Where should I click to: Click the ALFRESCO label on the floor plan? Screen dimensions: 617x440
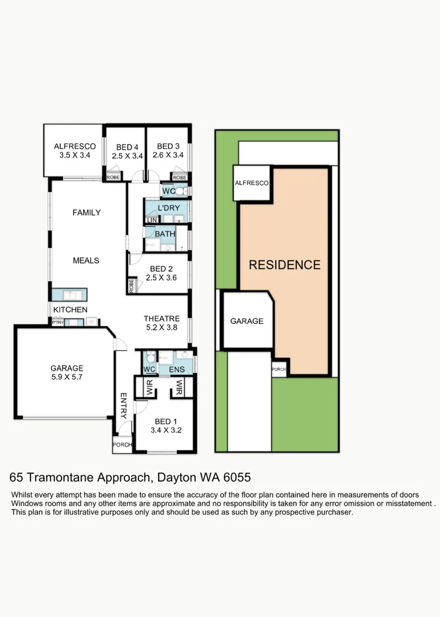(x=74, y=146)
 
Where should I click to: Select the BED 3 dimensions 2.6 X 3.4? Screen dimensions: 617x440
(x=168, y=155)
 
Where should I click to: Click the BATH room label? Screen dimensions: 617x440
(x=164, y=234)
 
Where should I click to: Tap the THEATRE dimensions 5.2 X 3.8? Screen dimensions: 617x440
(x=162, y=328)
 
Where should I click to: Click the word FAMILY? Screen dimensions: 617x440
(x=86, y=213)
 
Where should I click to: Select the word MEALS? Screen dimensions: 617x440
(x=86, y=261)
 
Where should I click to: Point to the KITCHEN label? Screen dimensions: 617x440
(x=70, y=310)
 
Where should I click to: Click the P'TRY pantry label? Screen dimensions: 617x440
(x=57, y=323)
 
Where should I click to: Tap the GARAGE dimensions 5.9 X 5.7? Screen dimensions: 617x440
(x=67, y=378)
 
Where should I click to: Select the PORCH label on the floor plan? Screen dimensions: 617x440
(x=122, y=444)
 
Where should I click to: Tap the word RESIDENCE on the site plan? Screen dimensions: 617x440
(x=284, y=265)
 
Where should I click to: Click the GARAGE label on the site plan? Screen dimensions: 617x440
(x=247, y=321)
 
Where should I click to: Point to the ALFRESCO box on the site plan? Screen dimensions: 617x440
(x=251, y=183)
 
